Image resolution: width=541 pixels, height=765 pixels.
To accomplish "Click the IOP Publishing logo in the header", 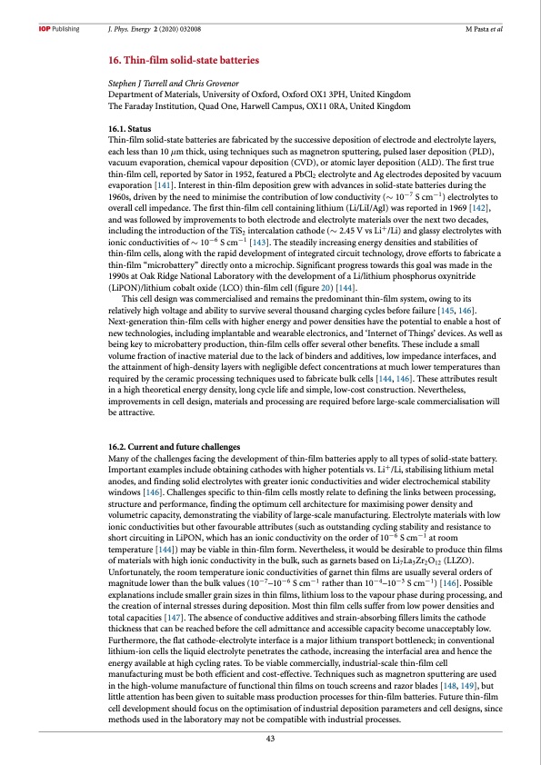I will click(x=54, y=28).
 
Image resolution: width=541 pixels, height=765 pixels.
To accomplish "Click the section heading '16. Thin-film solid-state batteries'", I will click(x=184, y=59).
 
